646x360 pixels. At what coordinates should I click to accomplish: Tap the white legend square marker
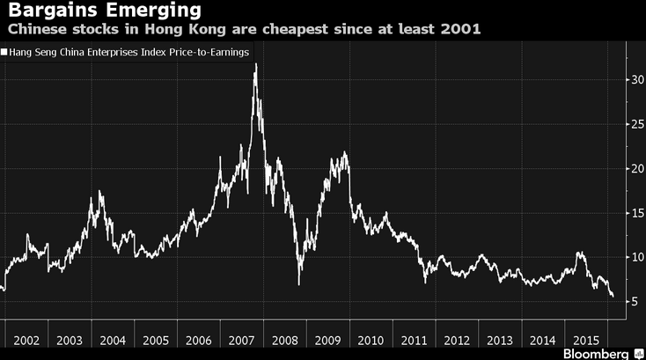[x=4, y=53]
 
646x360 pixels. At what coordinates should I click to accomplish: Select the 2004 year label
[x=113, y=340]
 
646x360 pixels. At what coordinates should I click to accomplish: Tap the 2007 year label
[x=241, y=340]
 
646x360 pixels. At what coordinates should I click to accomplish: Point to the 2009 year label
[x=327, y=340]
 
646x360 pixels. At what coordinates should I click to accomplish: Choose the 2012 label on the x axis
[x=456, y=340]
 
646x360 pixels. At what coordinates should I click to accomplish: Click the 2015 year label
[x=584, y=340]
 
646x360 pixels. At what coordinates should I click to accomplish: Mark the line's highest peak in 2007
[x=255, y=66]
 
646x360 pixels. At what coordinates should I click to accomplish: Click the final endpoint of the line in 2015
[x=613, y=298]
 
